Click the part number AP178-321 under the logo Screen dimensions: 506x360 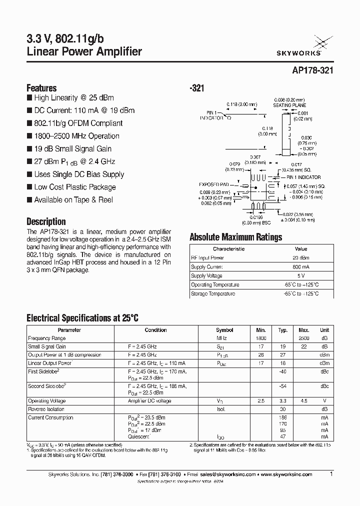(311, 71)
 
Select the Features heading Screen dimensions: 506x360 (41, 87)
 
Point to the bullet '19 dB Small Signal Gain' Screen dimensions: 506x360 (72, 148)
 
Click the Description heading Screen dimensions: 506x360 (46, 221)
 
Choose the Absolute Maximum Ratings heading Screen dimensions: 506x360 (236, 237)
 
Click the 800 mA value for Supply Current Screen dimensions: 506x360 (301, 267)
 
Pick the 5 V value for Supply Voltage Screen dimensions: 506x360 (301, 276)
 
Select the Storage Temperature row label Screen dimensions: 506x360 (213, 294)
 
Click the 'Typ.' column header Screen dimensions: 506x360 (283, 330)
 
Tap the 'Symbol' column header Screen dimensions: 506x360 (224, 330)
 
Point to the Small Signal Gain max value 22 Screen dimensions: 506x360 (304, 346)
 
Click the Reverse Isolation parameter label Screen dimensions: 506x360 (46, 409)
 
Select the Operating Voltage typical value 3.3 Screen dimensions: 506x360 (283, 401)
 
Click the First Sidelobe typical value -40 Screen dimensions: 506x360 (283, 371)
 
